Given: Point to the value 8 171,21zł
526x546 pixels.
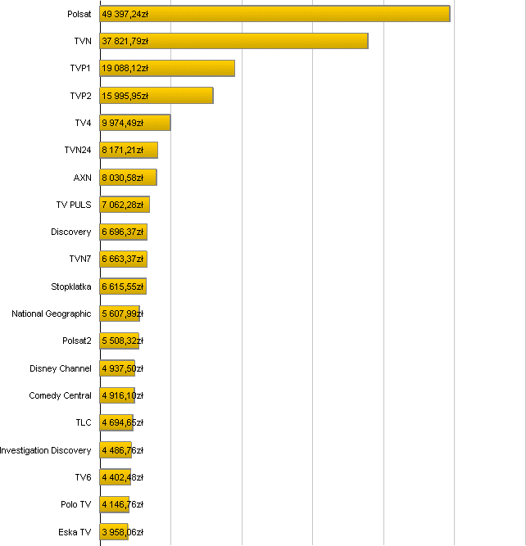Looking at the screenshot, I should [123, 151].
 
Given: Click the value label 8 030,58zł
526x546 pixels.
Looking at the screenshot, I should [123, 178].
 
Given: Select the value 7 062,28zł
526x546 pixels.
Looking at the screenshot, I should [123, 205].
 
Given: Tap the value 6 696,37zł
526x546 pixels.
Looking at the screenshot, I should [123, 232].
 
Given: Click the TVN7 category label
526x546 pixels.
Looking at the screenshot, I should [80, 259].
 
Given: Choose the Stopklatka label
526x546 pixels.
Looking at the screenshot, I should [71, 287].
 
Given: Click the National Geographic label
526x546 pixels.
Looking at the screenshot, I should [52, 314].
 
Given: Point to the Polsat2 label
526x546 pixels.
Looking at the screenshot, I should [77, 341].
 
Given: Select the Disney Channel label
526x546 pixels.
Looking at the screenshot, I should [61, 368].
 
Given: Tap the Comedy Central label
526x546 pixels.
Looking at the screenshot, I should [61, 395].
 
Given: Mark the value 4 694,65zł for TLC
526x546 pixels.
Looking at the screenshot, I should [123, 423].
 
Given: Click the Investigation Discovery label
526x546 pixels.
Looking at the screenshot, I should [46, 450].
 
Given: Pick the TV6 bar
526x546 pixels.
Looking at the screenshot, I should [115, 477].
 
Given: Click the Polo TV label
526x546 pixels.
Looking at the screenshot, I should [76, 504].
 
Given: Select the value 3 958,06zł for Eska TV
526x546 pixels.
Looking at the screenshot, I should [123, 532].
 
